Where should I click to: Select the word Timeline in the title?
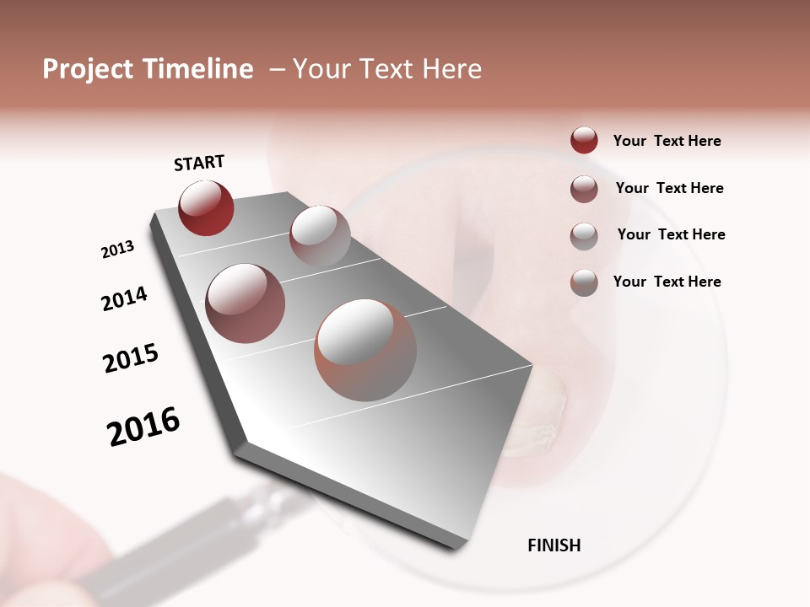(x=199, y=69)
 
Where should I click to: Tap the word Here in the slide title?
(x=451, y=69)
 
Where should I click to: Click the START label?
(x=199, y=163)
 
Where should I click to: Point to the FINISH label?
(x=553, y=545)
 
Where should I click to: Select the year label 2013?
(x=117, y=250)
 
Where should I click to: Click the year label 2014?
(x=124, y=299)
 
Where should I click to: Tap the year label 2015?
(x=131, y=358)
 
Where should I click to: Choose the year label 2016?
(x=143, y=427)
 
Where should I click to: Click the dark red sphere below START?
(x=206, y=208)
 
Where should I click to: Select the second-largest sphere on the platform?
(x=245, y=303)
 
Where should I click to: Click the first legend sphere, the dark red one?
(x=584, y=140)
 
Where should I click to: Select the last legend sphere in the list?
(x=584, y=282)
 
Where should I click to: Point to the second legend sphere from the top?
(x=584, y=189)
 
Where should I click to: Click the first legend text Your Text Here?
(x=667, y=142)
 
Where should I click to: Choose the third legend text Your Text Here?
(x=671, y=234)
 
